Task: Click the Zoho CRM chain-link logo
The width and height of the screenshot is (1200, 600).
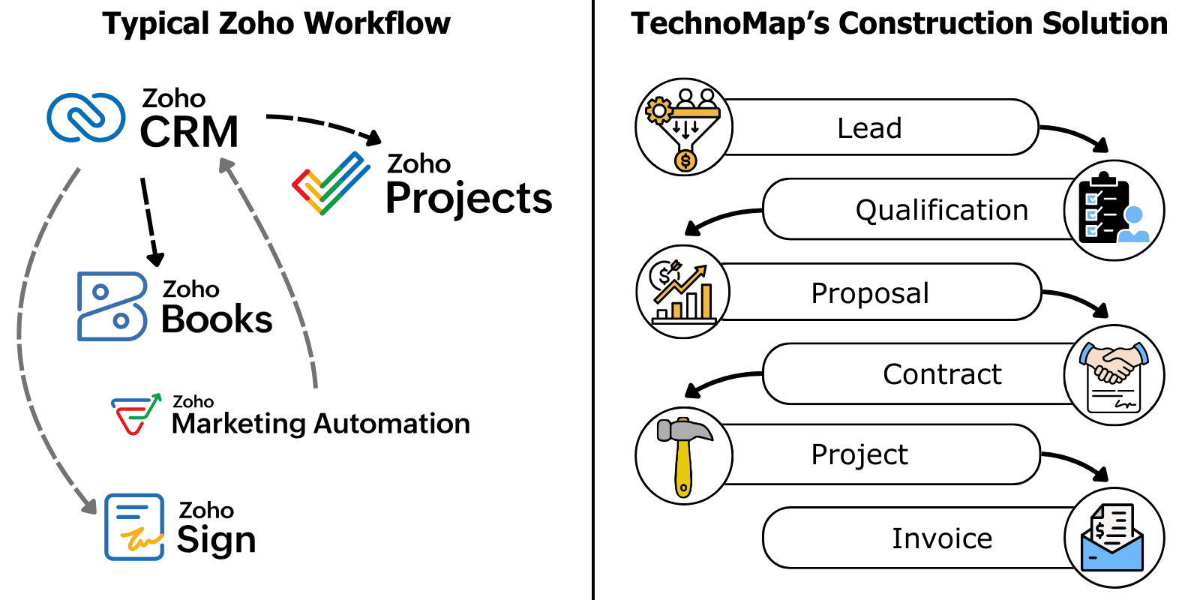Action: pos(86,118)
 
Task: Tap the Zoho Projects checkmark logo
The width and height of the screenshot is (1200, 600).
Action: pos(331,183)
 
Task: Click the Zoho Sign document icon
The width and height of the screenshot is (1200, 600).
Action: pos(134,526)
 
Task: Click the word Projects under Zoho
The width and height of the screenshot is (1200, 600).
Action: pos(469,199)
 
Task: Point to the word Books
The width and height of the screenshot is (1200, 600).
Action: pos(217,319)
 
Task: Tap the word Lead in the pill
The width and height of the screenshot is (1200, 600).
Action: pos(869,128)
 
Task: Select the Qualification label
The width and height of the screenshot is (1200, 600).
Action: pos(942,210)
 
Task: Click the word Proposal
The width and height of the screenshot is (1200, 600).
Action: pos(870,293)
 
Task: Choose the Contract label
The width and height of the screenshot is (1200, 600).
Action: pos(942,374)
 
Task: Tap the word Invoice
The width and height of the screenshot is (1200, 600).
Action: pos(942,538)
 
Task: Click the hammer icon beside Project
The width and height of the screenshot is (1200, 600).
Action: pos(683,455)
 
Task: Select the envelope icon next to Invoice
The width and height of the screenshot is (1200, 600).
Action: pos(1114,538)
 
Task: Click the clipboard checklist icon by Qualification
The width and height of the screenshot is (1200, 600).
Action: pos(1114,211)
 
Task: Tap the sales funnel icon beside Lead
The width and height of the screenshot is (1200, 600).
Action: pos(683,127)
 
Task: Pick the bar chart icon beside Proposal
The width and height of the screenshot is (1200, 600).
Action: pos(683,292)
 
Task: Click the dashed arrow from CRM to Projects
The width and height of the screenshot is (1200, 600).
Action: pos(322,123)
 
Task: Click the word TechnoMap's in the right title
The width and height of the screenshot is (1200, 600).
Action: pos(730,24)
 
